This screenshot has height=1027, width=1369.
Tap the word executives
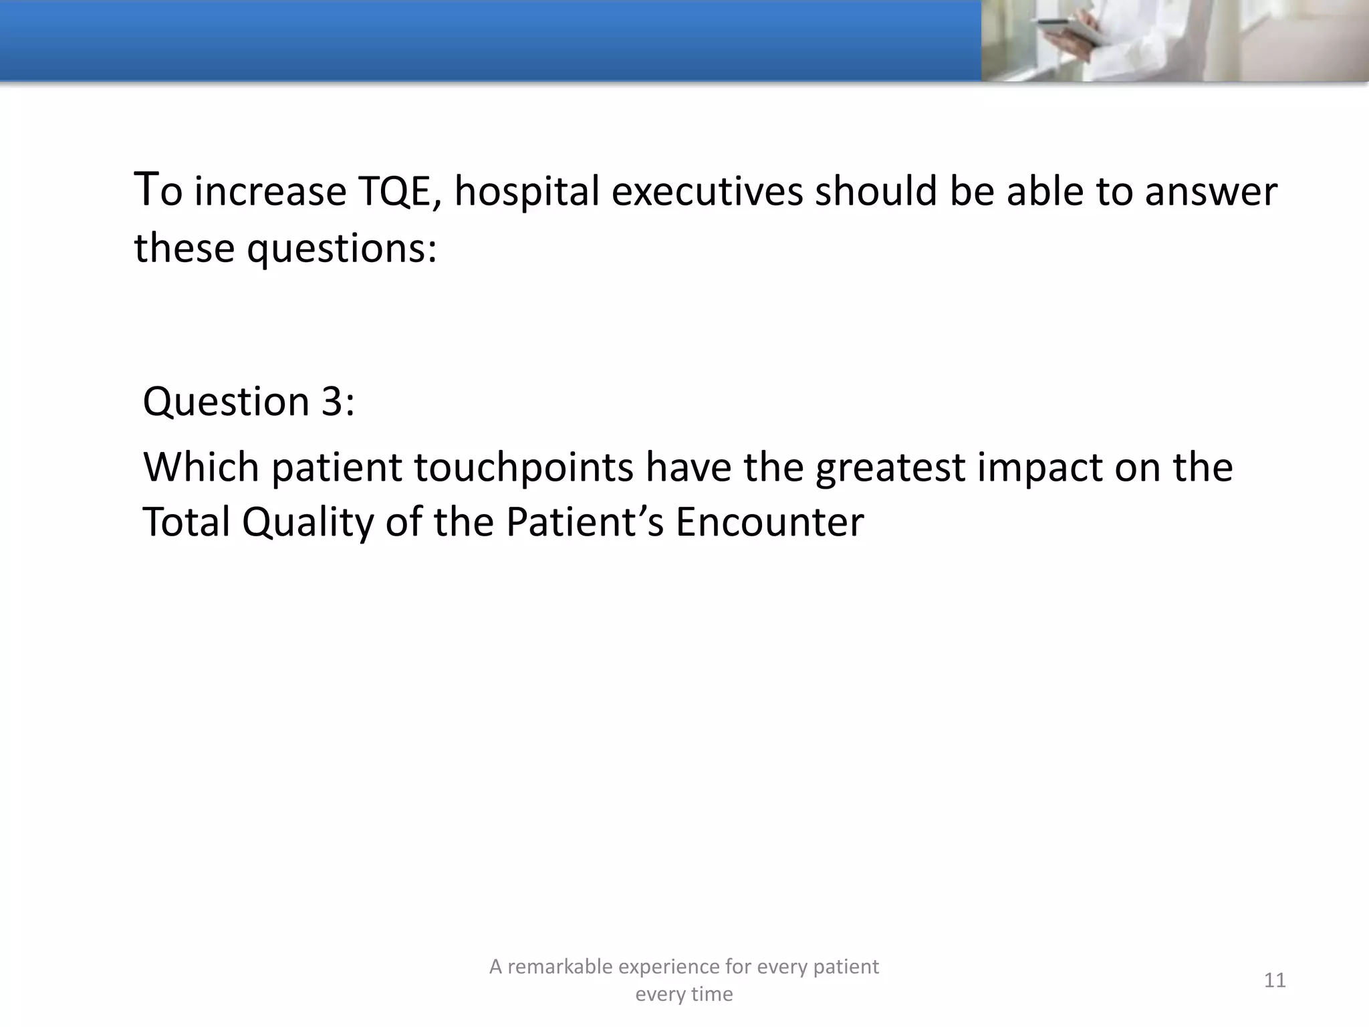pyautogui.click(x=707, y=192)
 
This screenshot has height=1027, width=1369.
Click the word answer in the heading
pyautogui.click(x=1211, y=192)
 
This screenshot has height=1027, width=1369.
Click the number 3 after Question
pyautogui.click(x=332, y=402)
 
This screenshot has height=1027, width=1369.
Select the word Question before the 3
pyautogui.click(x=226, y=402)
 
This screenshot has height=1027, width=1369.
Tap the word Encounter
pyautogui.click(x=769, y=522)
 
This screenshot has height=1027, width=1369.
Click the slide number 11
pyautogui.click(x=1275, y=980)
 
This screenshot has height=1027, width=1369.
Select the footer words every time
pyautogui.click(x=684, y=994)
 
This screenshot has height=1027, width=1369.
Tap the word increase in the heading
pyautogui.click(x=270, y=192)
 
